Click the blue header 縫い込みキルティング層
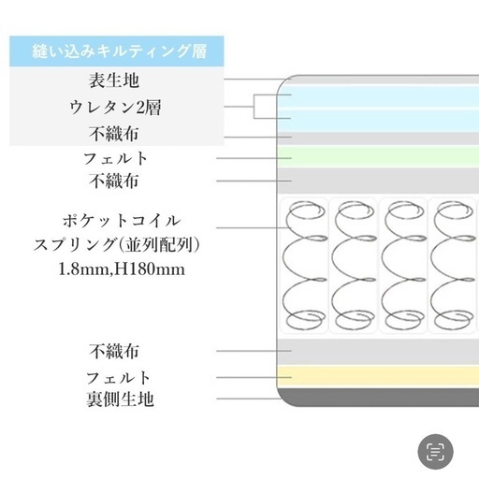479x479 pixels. (x=120, y=51)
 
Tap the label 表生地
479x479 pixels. (x=114, y=80)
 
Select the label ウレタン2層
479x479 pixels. (x=115, y=108)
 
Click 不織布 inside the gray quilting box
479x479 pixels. (x=114, y=134)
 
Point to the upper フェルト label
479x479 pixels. (x=115, y=158)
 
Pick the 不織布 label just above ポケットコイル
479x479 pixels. (x=114, y=181)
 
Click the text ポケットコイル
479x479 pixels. (x=122, y=221)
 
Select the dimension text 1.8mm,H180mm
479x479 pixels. (x=122, y=269)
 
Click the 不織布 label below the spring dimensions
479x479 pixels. (x=114, y=351)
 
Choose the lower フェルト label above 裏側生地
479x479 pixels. (x=118, y=378)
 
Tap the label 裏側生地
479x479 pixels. (x=120, y=399)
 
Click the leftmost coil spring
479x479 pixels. (x=305, y=266)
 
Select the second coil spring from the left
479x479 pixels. (x=354, y=266)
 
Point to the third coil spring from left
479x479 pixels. (x=403, y=266)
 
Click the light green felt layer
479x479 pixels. (x=378, y=157)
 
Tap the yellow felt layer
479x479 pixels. (x=378, y=377)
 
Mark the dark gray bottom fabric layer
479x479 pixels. (x=378, y=397)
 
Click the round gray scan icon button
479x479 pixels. (x=435, y=452)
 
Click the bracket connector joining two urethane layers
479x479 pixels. (x=254, y=107)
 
